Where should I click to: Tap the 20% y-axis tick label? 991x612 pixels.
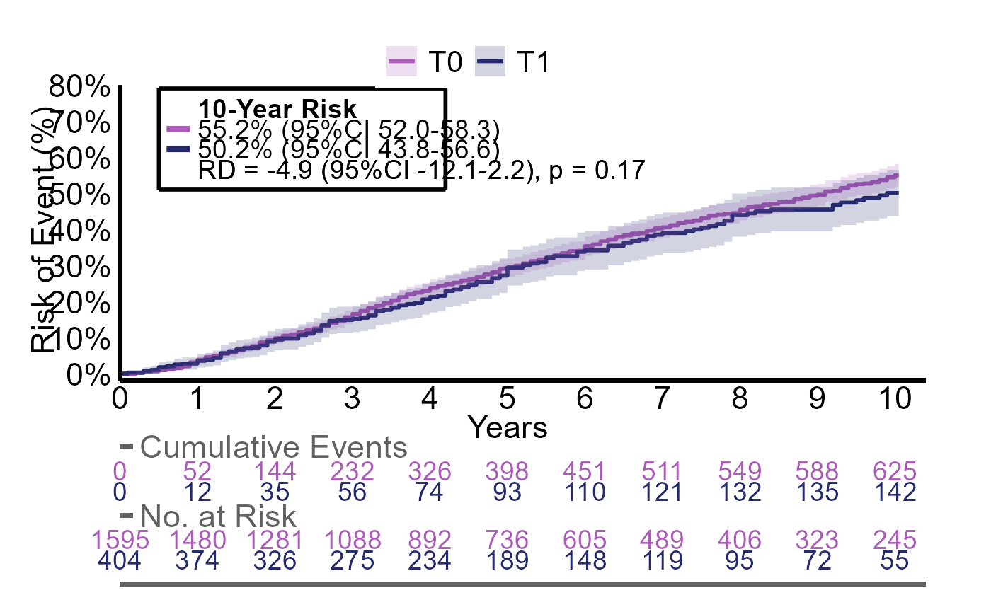pos(80,303)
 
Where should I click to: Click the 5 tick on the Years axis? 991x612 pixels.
pos(507,400)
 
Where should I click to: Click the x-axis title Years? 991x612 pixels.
pos(508,427)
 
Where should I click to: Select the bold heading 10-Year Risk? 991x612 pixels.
pos(277,110)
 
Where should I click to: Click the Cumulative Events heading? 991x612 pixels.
pos(274,447)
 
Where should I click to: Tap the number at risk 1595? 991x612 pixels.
pos(120,540)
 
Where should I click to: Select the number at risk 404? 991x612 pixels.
pos(120,561)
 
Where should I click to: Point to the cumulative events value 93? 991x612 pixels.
pos(507,492)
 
